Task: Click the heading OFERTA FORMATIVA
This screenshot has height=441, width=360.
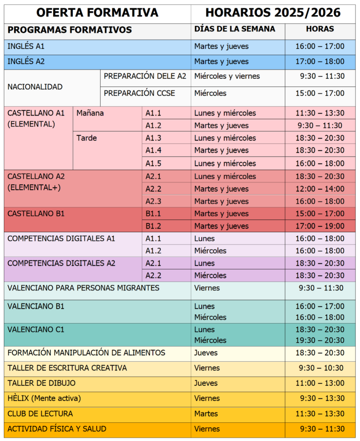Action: (x=97, y=13)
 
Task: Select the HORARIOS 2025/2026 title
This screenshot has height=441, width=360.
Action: (x=273, y=13)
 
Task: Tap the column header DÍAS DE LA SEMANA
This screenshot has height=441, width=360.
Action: (x=234, y=29)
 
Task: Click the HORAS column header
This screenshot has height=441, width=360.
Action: (x=320, y=29)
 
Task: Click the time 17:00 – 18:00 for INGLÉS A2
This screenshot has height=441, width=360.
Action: (x=320, y=62)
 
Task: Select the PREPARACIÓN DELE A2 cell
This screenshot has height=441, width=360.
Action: (x=145, y=76)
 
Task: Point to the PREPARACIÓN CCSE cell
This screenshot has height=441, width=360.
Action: (x=139, y=93)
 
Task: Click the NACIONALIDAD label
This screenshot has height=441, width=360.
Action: (x=35, y=87)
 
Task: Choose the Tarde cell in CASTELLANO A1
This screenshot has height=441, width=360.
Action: (x=86, y=138)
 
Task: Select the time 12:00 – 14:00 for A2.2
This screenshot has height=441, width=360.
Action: (x=320, y=189)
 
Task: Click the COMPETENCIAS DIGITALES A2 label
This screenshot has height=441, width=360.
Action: (x=62, y=263)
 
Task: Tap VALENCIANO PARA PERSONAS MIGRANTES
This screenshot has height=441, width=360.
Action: (x=84, y=288)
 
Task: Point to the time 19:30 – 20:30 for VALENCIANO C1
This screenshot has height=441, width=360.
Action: (x=320, y=340)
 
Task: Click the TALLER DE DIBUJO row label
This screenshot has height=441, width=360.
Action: (x=42, y=383)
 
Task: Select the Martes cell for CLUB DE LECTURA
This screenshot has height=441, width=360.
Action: (x=207, y=414)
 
